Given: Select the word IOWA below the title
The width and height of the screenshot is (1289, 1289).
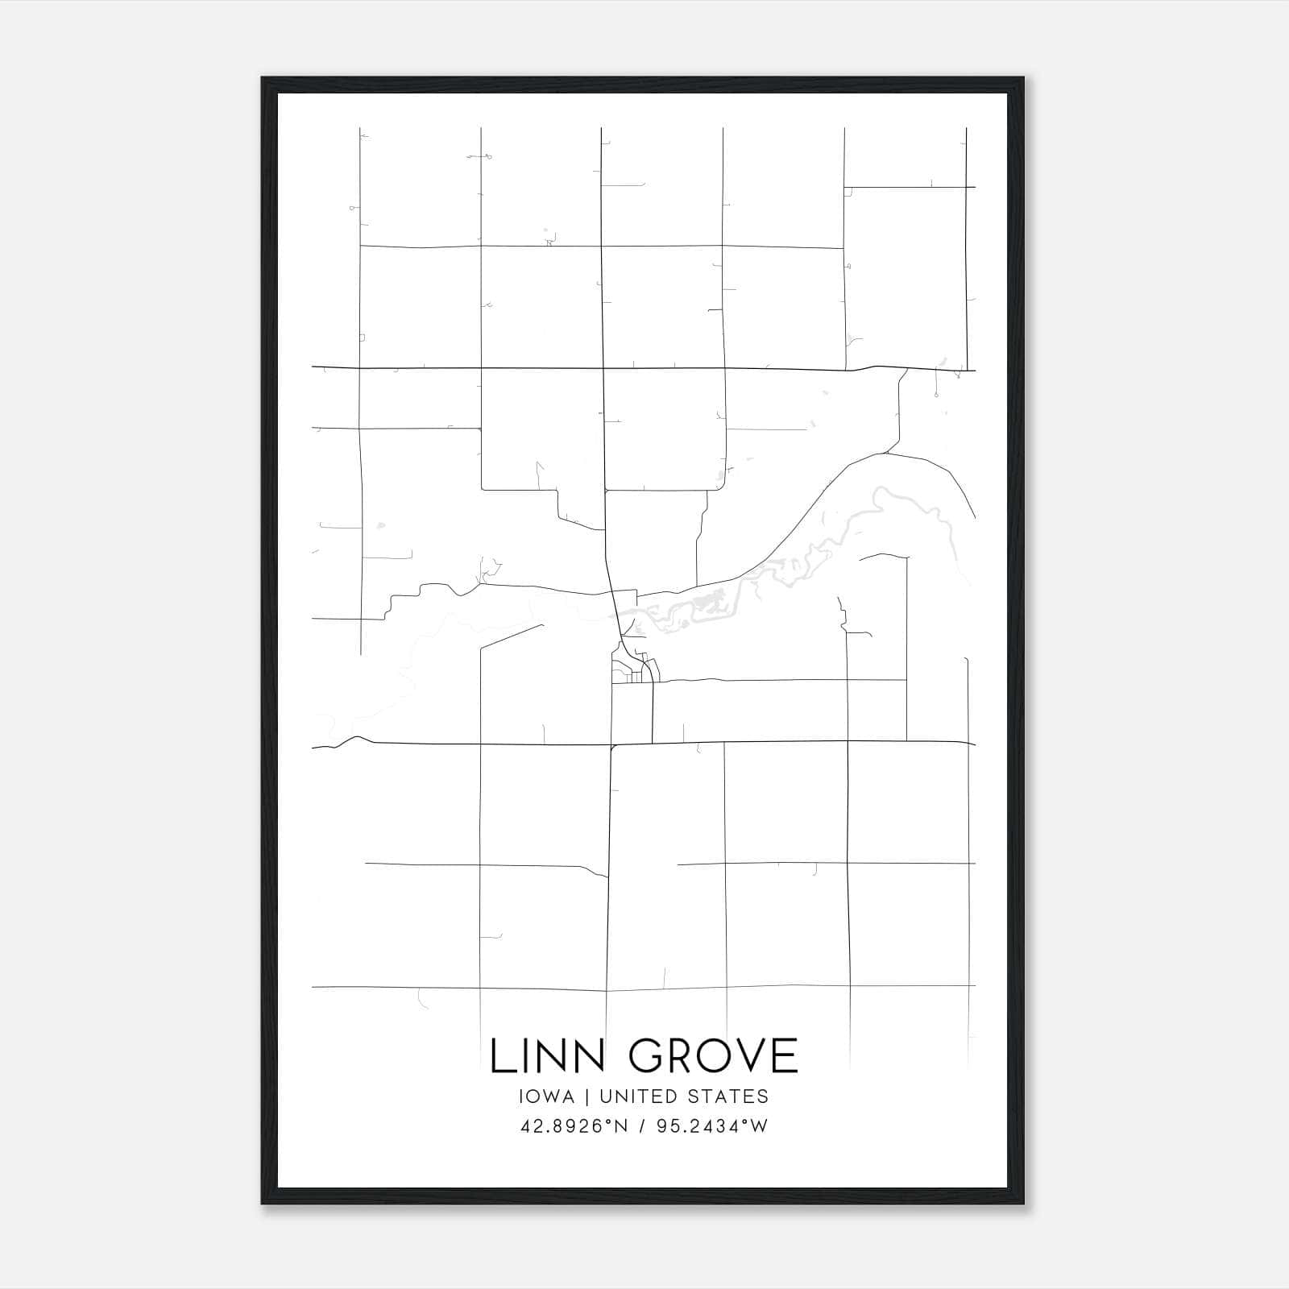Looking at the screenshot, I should [547, 1096].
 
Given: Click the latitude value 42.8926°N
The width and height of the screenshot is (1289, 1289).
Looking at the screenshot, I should [573, 1126].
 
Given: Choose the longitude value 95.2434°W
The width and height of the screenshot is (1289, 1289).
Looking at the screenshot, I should [712, 1126].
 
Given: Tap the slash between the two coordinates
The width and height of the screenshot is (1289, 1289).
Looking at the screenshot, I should [642, 1126].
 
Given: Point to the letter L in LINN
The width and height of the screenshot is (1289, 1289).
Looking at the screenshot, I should [501, 1056].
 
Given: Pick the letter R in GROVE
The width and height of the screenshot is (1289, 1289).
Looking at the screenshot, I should [681, 1056].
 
